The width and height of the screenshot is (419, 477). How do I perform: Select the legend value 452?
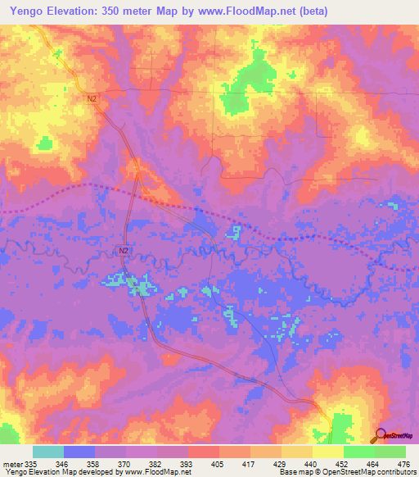tap(345, 465)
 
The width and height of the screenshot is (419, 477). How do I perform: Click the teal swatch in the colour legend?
tap(48, 452)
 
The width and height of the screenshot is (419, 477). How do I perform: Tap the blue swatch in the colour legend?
tap(79, 452)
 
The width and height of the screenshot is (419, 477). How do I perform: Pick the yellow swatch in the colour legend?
tap(327, 452)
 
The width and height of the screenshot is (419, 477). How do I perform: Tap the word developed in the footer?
tap(96, 473)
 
